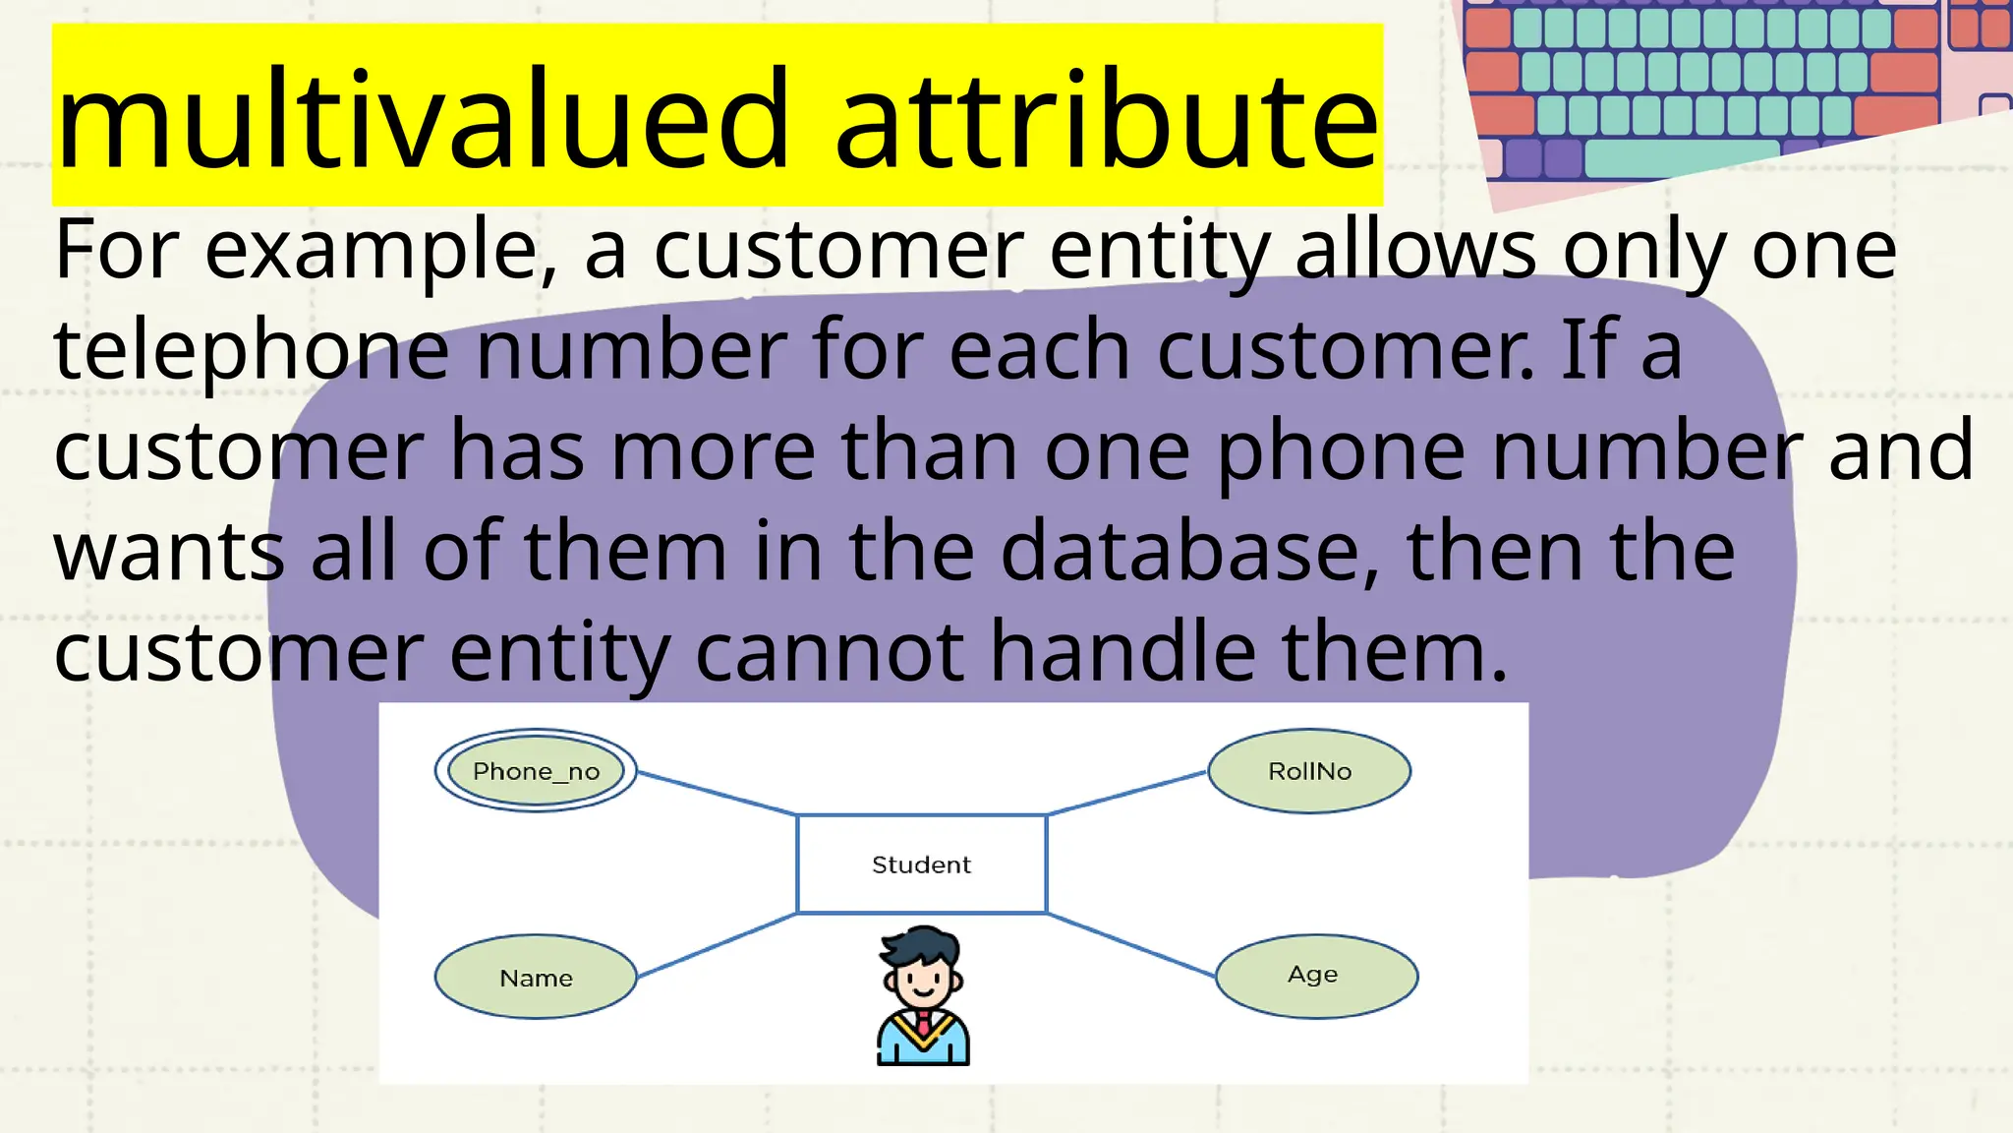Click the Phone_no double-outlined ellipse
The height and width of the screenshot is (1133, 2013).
pos(536,771)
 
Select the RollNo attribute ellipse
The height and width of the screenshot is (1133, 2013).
pos(1309,771)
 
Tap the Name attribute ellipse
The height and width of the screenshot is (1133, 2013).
pos(536,978)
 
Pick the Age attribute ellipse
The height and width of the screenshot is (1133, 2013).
pos(1316,976)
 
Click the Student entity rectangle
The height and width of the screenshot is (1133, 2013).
pos(921,865)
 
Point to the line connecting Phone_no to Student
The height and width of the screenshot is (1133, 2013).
pos(717,794)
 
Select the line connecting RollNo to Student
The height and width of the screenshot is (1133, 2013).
pos(1127,793)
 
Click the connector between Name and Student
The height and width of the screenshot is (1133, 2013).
pos(717,945)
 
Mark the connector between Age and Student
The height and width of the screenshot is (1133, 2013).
pos(1130,945)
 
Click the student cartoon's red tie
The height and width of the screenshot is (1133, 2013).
pos(923,1023)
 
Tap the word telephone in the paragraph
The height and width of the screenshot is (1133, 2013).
pos(252,351)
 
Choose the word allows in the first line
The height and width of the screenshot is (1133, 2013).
pos(1415,251)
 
